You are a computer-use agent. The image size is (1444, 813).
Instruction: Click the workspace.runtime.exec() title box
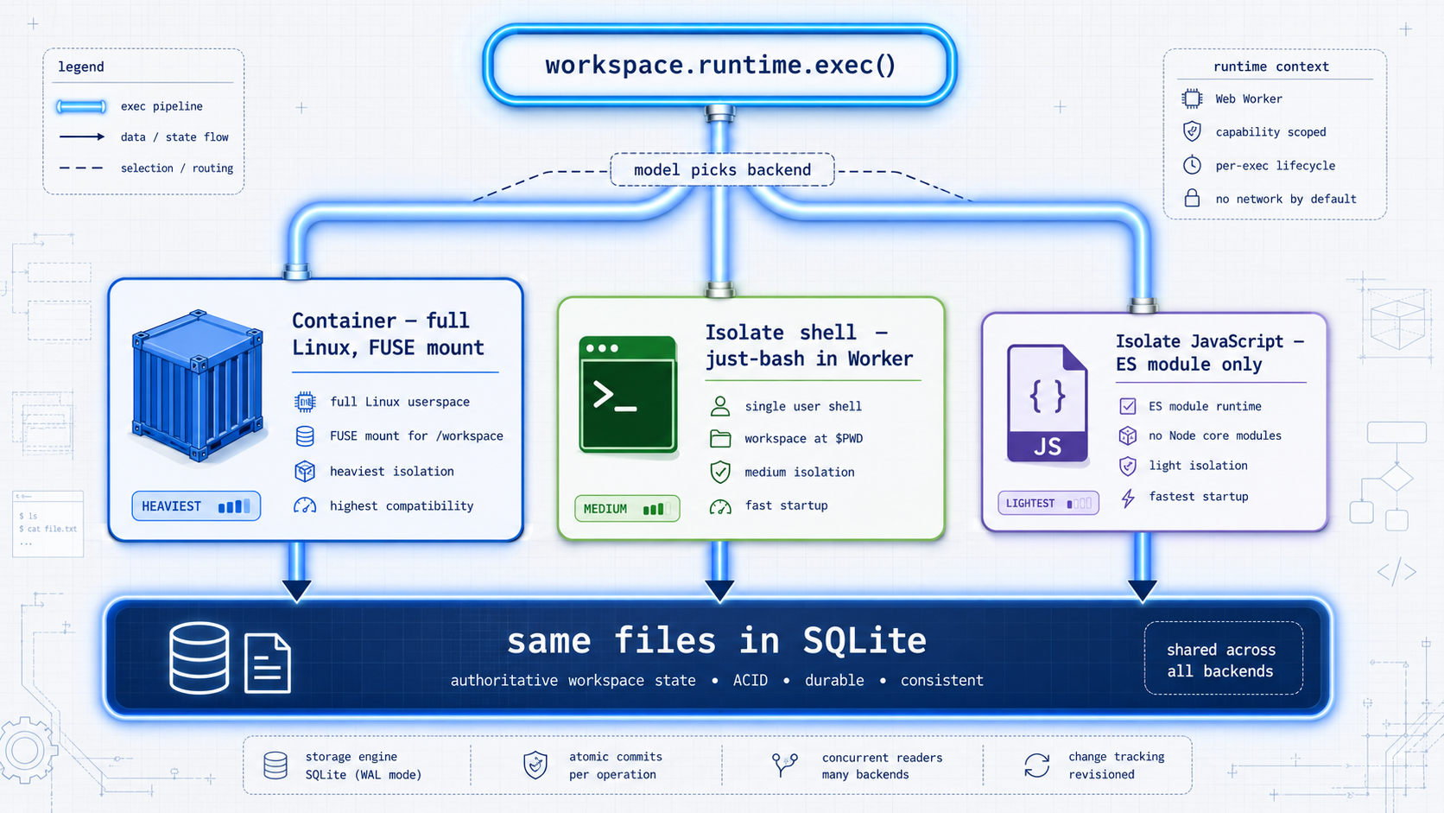(719, 65)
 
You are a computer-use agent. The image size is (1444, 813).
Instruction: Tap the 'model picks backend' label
(722, 169)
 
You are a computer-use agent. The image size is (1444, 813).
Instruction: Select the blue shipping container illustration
(197, 385)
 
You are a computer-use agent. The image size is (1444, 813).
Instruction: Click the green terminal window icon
(627, 394)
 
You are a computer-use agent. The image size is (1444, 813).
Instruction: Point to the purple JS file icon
(1047, 403)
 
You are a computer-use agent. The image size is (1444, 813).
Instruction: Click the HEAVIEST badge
(196, 506)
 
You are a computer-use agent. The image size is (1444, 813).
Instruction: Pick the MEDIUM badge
(627, 509)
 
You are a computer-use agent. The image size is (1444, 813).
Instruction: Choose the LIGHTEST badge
(1048, 503)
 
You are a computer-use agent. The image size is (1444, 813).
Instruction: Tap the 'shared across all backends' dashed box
(1223, 658)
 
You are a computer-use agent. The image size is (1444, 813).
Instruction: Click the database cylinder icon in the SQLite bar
(199, 657)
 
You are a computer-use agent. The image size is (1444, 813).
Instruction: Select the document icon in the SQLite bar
(268, 664)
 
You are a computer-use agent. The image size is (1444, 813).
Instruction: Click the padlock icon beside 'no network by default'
(1192, 198)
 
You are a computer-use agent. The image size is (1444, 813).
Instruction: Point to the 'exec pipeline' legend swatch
(81, 106)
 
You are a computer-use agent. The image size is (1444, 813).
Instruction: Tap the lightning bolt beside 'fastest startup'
(1128, 498)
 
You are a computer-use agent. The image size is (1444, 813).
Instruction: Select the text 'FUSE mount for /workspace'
(416, 435)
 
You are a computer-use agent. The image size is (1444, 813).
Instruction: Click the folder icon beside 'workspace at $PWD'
(720, 439)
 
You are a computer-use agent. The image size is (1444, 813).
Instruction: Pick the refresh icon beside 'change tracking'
(1036, 765)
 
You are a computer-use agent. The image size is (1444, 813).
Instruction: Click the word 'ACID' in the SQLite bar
(750, 680)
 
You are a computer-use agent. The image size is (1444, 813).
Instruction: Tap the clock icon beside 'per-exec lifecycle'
(1192, 165)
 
